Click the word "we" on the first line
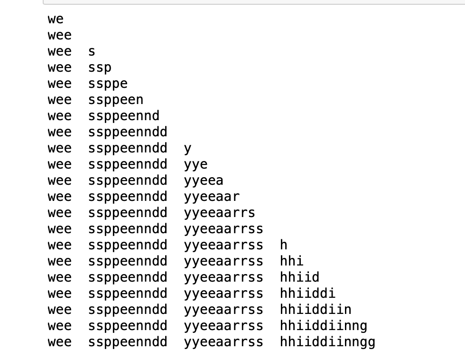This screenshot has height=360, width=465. pyautogui.click(x=56, y=19)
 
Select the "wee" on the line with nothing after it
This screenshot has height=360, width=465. pyautogui.click(x=59, y=36)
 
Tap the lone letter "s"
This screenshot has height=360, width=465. pyautogui.click(x=92, y=52)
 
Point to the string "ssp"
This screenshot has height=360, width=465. pyautogui.click(x=100, y=68)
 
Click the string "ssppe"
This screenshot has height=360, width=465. pyautogui.click(x=108, y=84)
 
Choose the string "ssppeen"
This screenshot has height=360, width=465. pyautogui.click(x=116, y=100)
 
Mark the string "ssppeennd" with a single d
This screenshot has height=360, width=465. pyautogui.click(x=124, y=116)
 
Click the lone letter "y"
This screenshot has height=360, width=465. pyautogui.click(x=188, y=149)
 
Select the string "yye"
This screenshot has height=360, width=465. pyautogui.click(x=196, y=165)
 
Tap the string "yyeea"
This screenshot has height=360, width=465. pyautogui.click(x=204, y=181)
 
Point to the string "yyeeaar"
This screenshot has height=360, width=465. pyautogui.click(x=212, y=197)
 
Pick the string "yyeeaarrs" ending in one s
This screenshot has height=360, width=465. pyautogui.click(x=220, y=213)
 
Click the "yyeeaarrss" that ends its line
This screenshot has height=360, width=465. pyautogui.click(x=223, y=229)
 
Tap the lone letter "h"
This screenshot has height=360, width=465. pyautogui.click(x=284, y=246)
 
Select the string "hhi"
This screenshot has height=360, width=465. pyautogui.click(x=292, y=262)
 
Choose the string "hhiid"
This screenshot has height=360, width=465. pyautogui.click(x=300, y=278)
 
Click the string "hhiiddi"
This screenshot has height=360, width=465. pyautogui.click(x=308, y=294)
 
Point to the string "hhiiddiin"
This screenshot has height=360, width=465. pyautogui.click(x=316, y=310)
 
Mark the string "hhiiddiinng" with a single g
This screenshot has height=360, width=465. pyautogui.click(x=324, y=326)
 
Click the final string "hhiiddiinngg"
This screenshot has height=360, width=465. pyautogui.click(x=328, y=342)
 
